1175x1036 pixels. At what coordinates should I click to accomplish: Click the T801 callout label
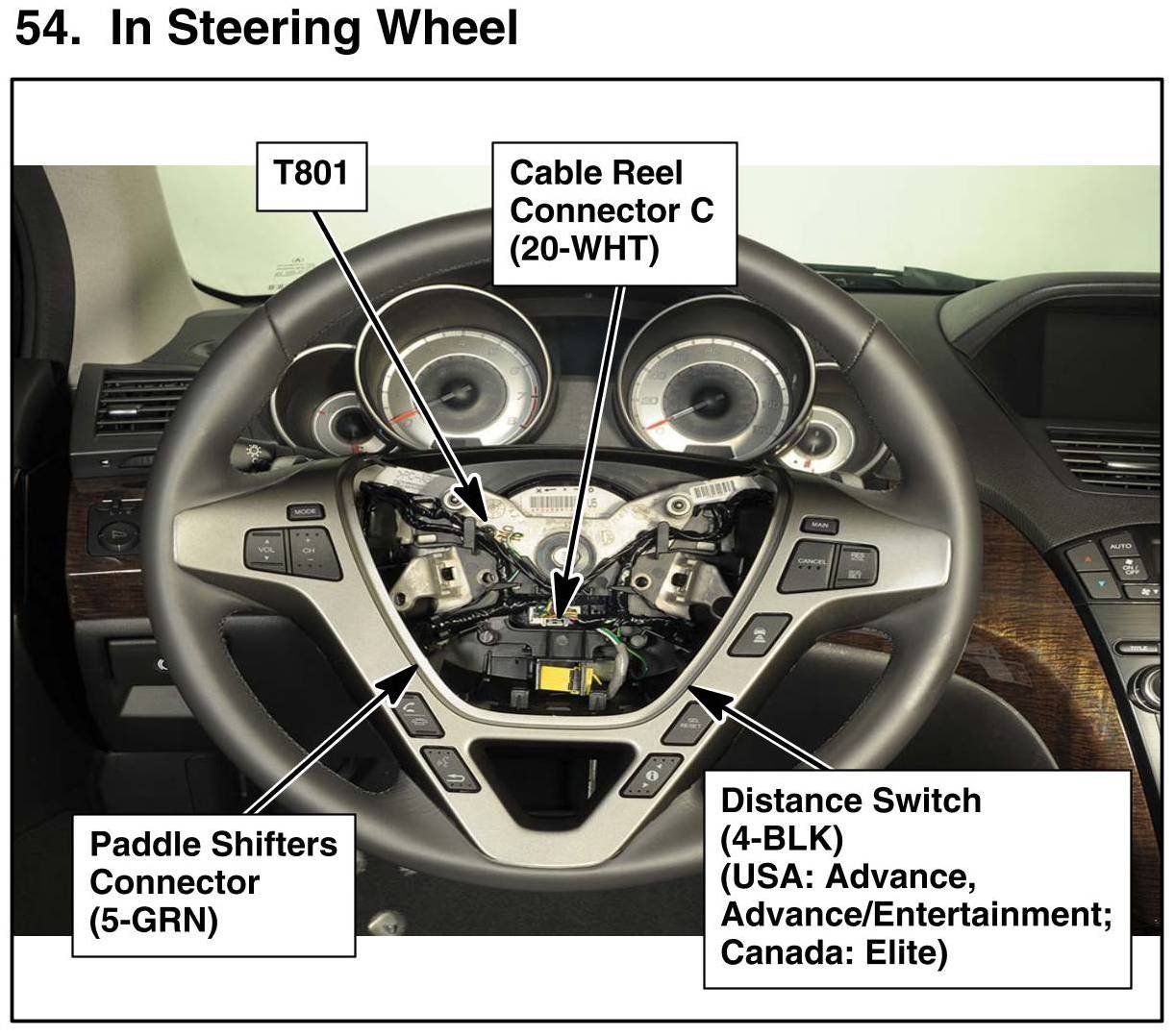[x=311, y=175]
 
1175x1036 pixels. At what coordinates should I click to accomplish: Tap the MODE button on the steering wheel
[x=306, y=511]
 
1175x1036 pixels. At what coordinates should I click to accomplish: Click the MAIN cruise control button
[x=819, y=526]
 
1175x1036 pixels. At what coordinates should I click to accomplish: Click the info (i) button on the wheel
[x=654, y=773]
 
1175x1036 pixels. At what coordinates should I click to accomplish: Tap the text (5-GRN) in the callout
[x=154, y=921]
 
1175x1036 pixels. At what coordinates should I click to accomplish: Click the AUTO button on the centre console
[x=1121, y=546]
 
